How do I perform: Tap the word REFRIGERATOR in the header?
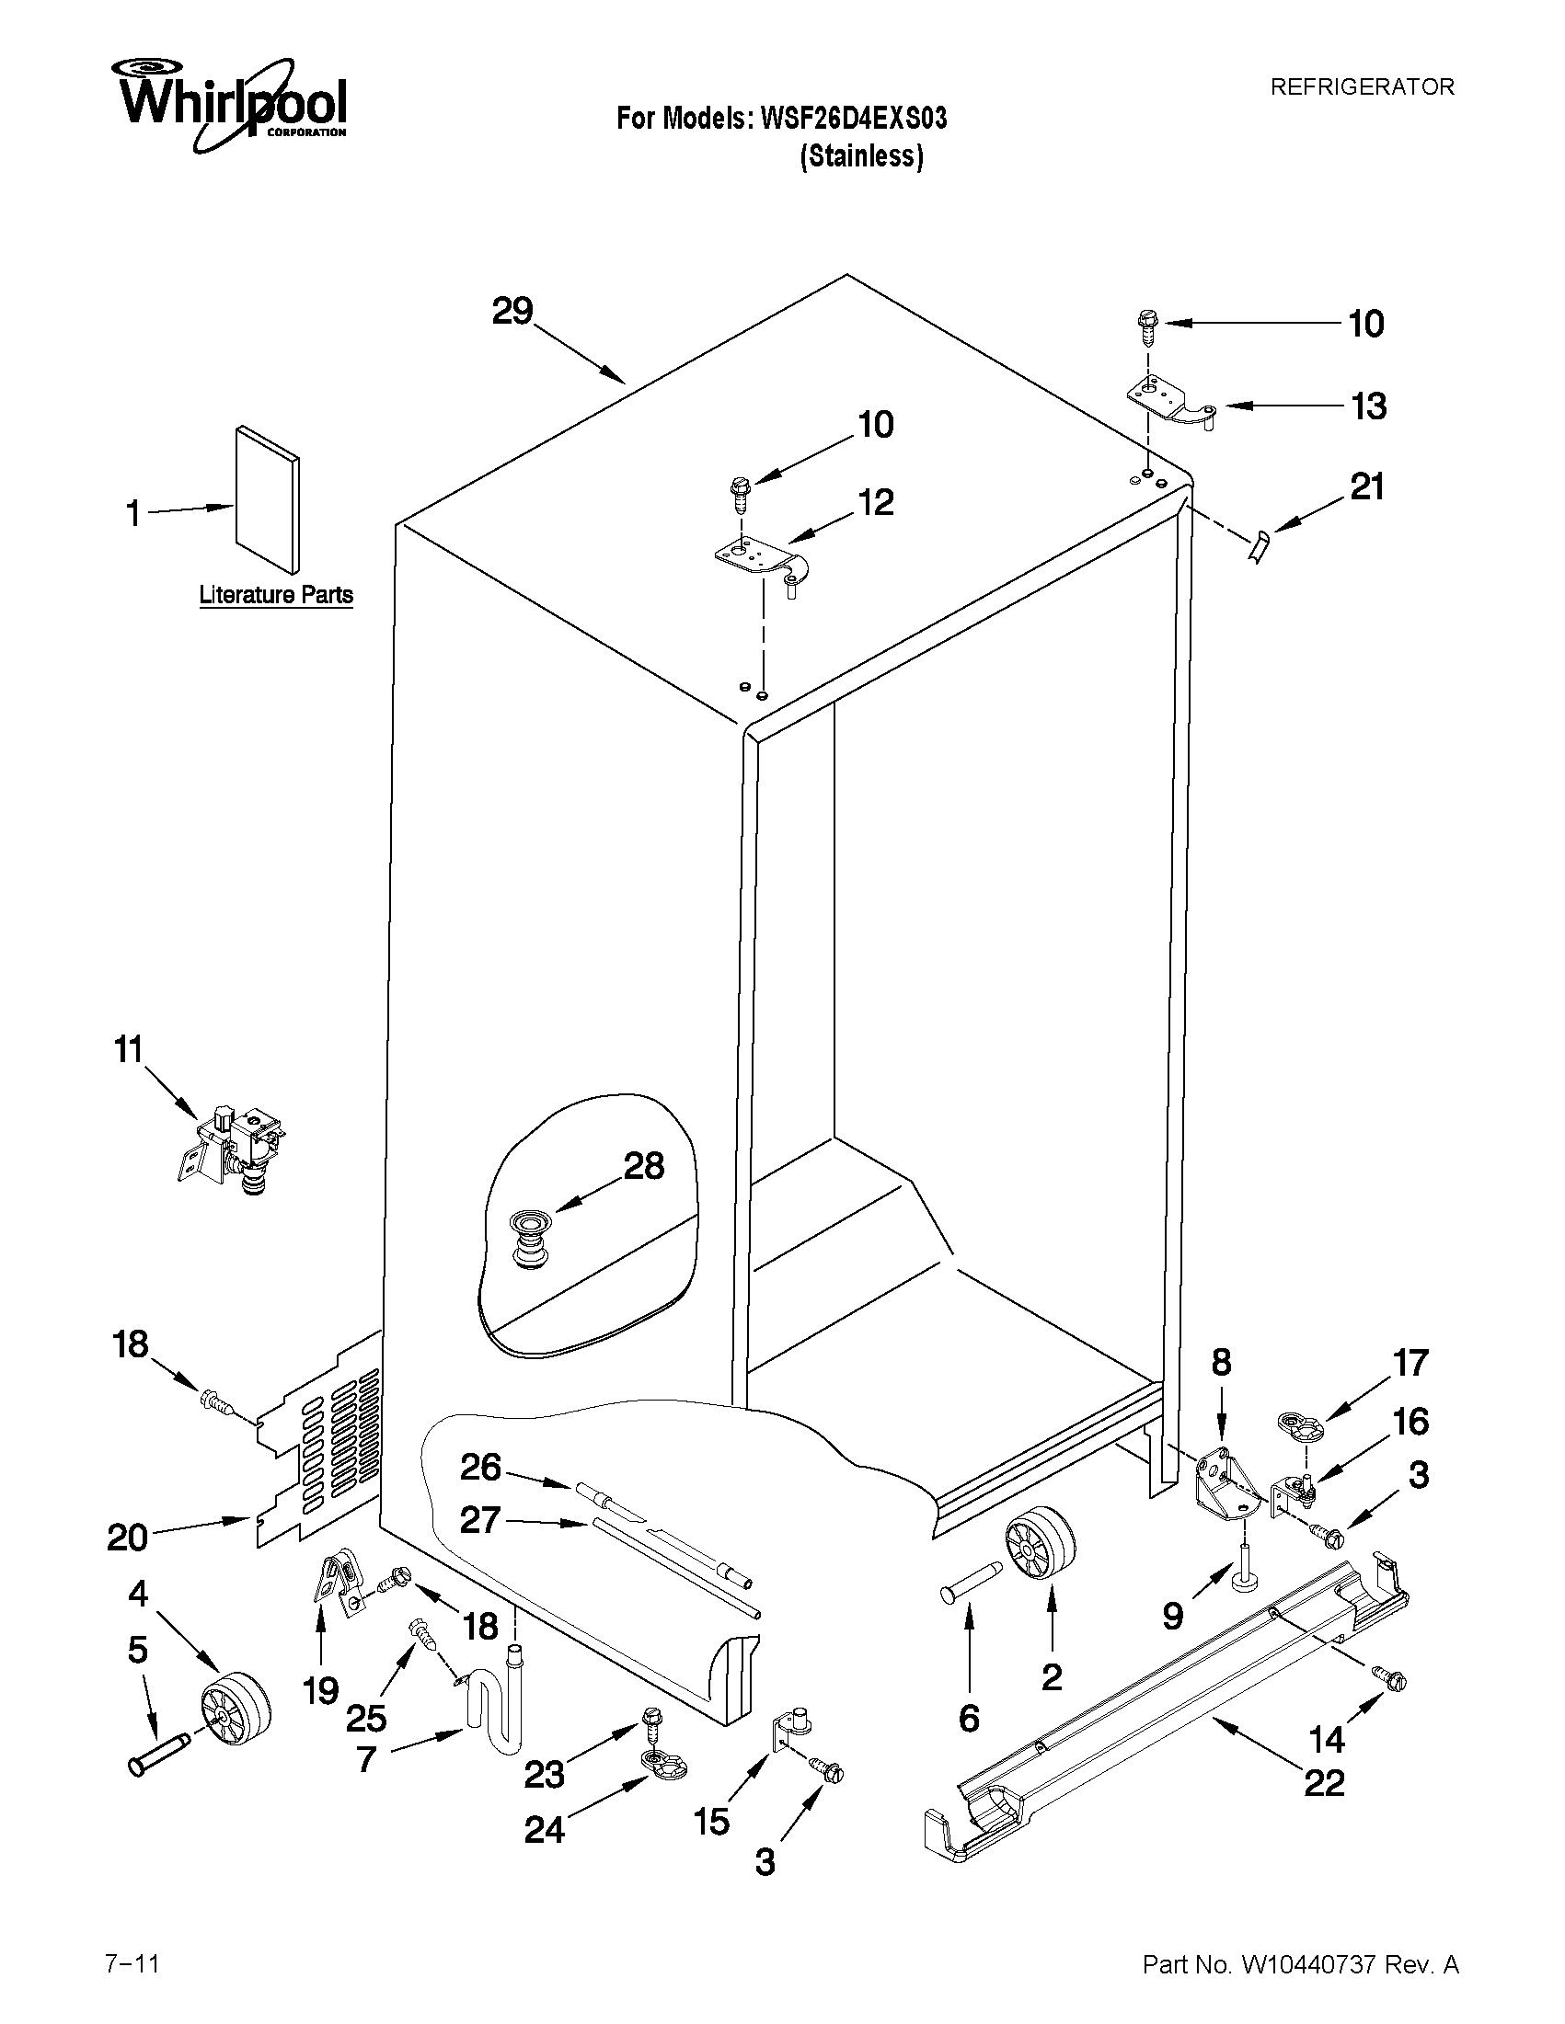pyautogui.click(x=1361, y=87)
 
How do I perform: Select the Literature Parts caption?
pyautogui.click(x=276, y=595)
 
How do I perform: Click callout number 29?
pyautogui.click(x=512, y=312)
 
